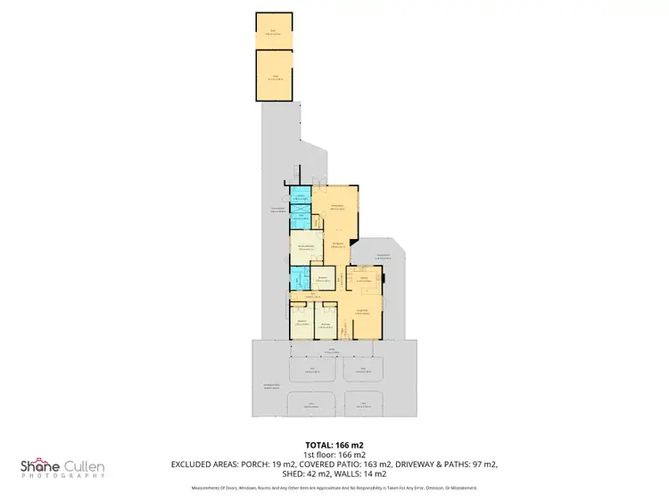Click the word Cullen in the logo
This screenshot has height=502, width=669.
[85, 465]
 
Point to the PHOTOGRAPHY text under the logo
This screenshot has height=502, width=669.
[62, 477]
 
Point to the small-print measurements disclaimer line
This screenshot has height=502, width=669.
[334, 488]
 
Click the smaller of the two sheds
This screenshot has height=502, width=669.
[274, 32]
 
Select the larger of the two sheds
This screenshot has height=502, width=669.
[274, 76]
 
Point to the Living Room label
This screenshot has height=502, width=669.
[364, 311]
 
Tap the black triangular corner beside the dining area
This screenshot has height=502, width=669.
[353, 242]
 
